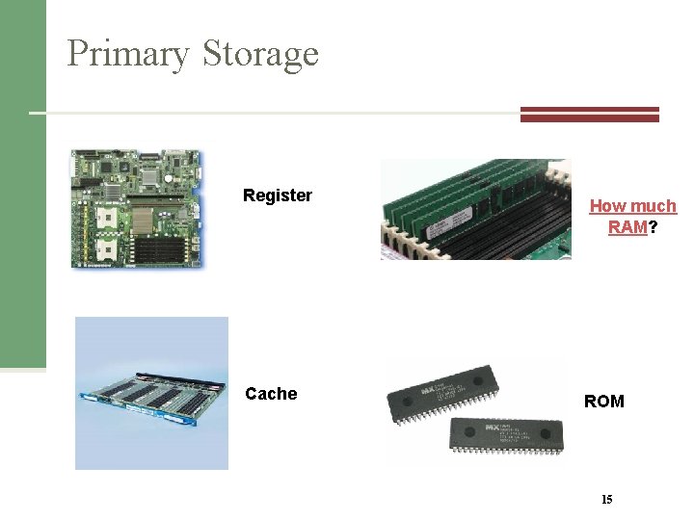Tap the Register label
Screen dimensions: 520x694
(278, 195)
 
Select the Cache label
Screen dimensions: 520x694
(271, 393)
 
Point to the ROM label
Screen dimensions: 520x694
(603, 401)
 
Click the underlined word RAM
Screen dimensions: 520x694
(627, 227)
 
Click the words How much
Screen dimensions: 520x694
(632, 206)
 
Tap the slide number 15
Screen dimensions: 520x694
(606, 499)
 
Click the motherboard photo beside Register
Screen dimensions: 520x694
(136, 209)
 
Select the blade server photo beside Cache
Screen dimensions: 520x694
(151, 393)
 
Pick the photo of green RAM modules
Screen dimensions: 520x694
(474, 209)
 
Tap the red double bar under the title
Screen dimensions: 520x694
(589, 114)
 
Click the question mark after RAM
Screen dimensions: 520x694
(653, 227)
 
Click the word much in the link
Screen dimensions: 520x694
(654, 206)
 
